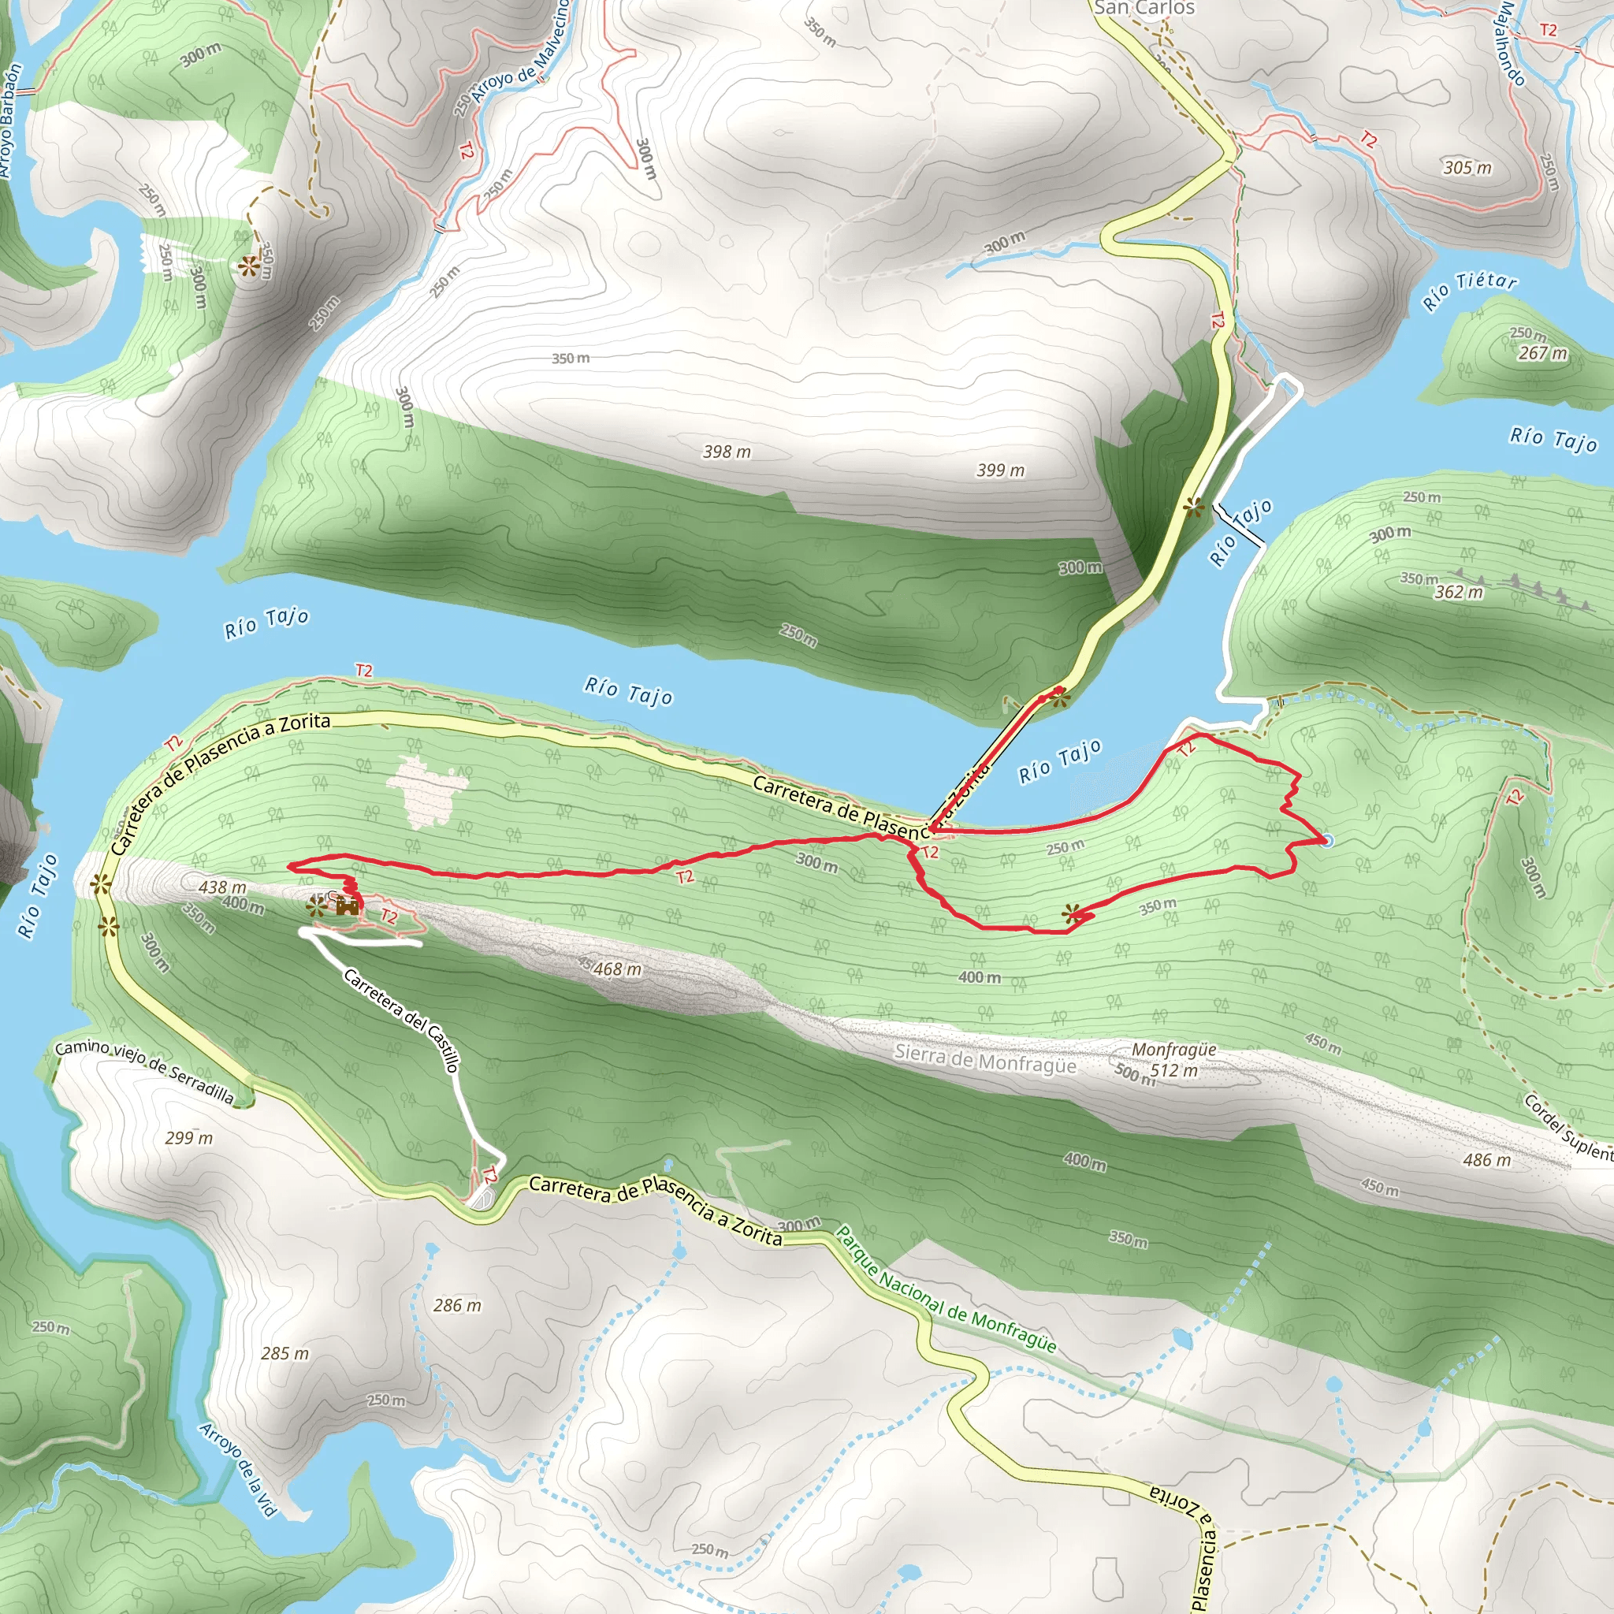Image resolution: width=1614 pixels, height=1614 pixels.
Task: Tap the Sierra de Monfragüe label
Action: pos(985,1059)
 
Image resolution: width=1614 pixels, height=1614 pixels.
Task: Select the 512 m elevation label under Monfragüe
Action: pos(1173,1070)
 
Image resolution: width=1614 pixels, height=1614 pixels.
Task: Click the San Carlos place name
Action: pos(1144,9)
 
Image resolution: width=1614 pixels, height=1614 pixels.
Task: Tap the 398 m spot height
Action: pos(726,452)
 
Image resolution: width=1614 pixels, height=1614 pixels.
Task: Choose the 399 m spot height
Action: pos(1000,470)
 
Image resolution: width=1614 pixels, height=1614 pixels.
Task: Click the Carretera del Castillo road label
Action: pos(402,1020)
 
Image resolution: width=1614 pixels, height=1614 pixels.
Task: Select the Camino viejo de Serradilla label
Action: pos(144,1072)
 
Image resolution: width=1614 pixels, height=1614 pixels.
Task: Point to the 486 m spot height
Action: pos(1486,1159)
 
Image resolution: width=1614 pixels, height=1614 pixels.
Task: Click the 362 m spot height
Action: pos(1459,593)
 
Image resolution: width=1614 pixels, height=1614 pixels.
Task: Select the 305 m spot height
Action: pos(1467,168)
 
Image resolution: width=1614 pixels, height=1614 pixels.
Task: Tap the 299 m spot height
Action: pos(189,1138)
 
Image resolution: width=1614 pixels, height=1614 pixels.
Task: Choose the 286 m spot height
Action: pos(457,1305)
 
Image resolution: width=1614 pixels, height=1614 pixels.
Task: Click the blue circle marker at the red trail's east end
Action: pos(1326,839)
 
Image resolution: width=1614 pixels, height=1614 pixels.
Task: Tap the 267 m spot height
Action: pos(1542,352)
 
